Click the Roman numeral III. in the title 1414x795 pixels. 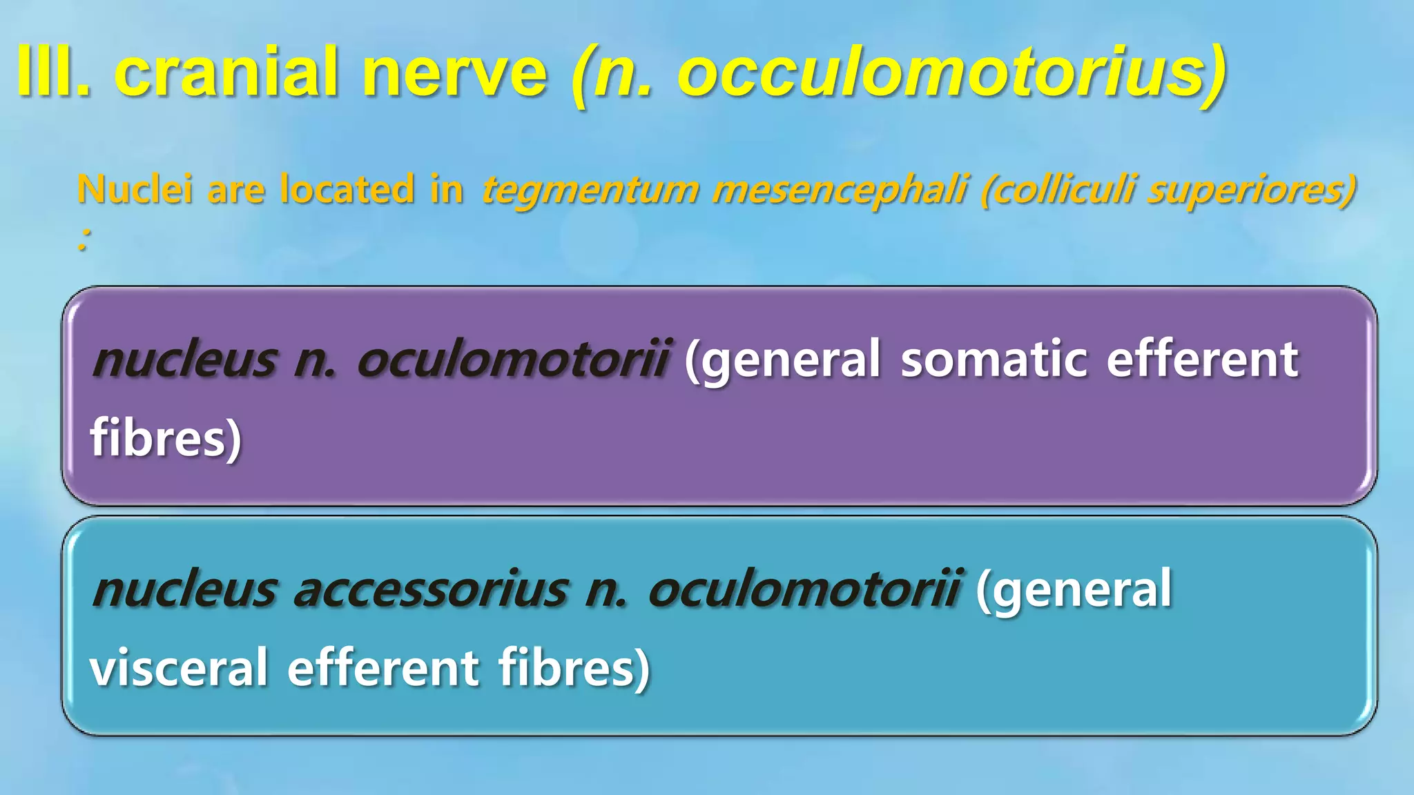click(54, 72)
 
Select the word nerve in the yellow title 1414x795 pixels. click(455, 72)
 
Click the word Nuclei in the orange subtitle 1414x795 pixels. click(135, 189)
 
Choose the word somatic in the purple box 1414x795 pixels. click(994, 360)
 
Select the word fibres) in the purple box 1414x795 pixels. click(166, 438)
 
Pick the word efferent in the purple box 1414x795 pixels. click(1202, 360)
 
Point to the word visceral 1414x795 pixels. click(179, 667)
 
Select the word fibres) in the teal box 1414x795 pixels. click(574, 667)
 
